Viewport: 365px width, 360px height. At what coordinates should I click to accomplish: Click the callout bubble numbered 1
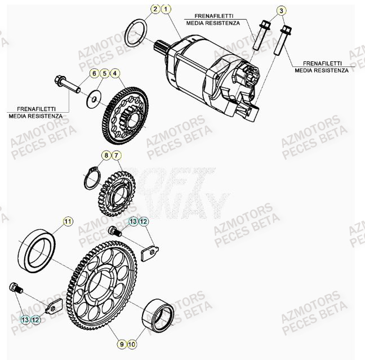[x=166, y=10]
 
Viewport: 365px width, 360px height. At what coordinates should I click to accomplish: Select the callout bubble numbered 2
[x=155, y=10]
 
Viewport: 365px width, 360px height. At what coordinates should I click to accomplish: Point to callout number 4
[x=115, y=73]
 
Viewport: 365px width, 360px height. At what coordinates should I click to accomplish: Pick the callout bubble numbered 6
[x=95, y=73]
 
